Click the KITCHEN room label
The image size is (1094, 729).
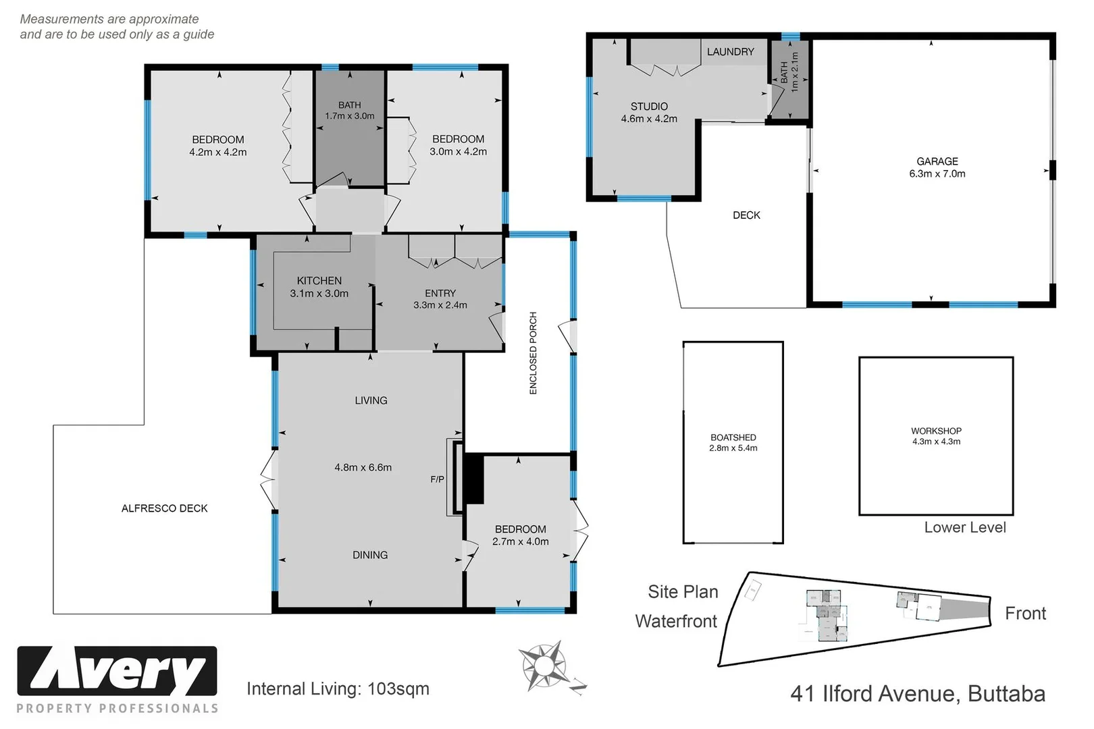(319, 281)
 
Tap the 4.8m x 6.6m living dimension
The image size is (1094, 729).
(363, 467)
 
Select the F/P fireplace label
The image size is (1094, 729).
(437, 479)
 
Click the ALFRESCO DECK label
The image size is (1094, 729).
(164, 508)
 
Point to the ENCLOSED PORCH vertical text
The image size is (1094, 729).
(533, 353)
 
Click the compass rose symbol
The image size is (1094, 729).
(544, 666)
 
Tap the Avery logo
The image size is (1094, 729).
(117, 672)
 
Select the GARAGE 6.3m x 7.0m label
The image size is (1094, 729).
(937, 167)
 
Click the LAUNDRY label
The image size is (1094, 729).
(730, 52)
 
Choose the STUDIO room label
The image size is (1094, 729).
(649, 107)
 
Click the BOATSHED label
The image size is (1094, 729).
(733, 437)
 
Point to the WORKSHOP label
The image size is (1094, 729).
(936, 431)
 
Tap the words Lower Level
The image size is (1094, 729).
(964, 528)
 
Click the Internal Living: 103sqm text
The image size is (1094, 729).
(338, 689)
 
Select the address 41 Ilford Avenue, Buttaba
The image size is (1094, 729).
(918, 694)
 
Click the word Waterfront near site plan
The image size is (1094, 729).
(676, 621)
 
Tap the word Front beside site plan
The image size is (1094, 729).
(1025, 614)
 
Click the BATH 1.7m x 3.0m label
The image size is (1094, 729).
(349, 111)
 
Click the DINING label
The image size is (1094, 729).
(370, 555)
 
